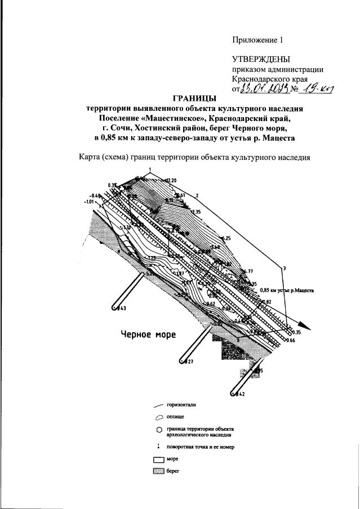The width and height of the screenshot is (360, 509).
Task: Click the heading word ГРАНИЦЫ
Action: coord(194,99)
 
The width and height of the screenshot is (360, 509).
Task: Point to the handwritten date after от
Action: coord(264,88)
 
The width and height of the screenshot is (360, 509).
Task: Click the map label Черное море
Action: coord(149,334)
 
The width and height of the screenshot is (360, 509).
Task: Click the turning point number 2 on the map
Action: coord(197,195)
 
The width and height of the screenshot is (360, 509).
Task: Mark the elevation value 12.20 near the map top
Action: coord(171,180)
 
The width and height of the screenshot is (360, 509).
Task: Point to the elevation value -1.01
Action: coord(89,200)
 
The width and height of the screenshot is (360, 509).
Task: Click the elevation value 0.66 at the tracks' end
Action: coord(290,341)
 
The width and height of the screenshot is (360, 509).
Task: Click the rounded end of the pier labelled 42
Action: coord(235,394)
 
